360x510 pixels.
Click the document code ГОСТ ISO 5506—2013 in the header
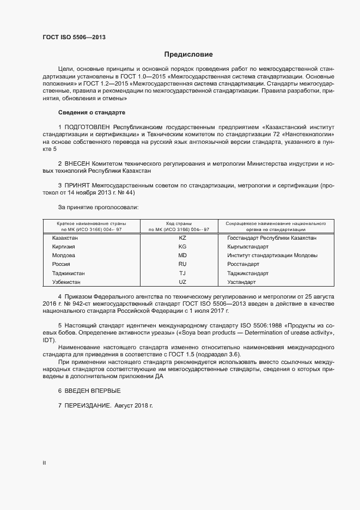tap(74, 37)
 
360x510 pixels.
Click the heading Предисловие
tap(188, 54)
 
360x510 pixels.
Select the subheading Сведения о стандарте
tap(91, 112)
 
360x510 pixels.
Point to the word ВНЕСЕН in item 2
tap(80, 163)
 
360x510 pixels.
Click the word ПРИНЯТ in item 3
tap(78, 186)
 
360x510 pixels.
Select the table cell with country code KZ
tap(182, 238)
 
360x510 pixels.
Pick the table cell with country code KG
tap(182, 247)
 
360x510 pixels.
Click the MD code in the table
tap(182, 256)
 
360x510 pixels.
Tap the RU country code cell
tap(182, 264)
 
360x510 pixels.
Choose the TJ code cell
tap(182, 274)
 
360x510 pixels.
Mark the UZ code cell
tap(182, 282)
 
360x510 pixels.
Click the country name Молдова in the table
tap(64, 256)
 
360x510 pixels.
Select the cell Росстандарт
tap(243, 264)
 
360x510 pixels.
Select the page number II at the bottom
tap(44, 463)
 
